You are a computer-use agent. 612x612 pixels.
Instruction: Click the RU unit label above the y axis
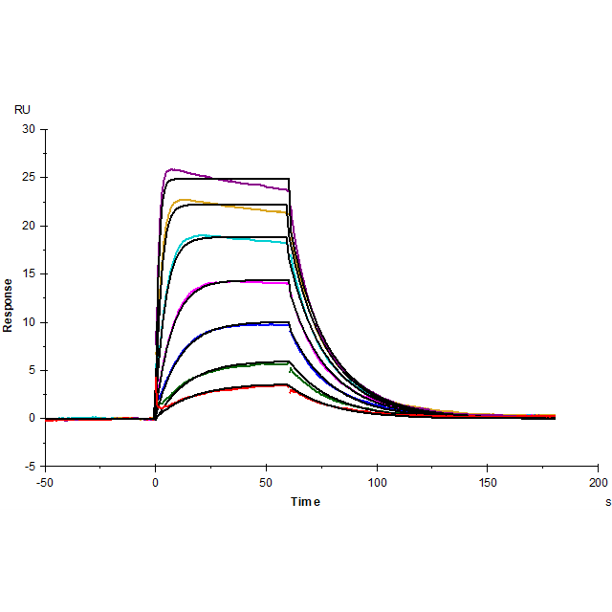click(x=22, y=110)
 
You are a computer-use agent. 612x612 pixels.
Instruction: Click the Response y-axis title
click(x=9, y=305)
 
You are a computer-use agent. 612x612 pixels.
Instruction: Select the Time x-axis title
click(x=306, y=501)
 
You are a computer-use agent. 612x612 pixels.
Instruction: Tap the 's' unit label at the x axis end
click(x=606, y=501)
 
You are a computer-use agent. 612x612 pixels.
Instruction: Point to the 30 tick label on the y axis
click(x=28, y=129)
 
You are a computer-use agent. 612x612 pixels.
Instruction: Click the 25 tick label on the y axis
click(x=28, y=177)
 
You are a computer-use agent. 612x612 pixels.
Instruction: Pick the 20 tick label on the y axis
click(x=28, y=226)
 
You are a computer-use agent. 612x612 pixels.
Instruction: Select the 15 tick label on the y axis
click(x=28, y=273)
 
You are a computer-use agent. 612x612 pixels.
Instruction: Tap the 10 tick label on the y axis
click(x=28, y=322)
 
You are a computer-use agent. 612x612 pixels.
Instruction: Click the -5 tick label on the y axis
click(x=29, y=467)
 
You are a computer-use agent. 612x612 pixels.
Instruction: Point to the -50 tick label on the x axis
click(x=44, y=481)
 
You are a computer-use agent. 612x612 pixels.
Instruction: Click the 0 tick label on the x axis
click(x=156, y=481)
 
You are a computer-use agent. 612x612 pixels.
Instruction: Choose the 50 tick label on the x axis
click(x=266, y=481)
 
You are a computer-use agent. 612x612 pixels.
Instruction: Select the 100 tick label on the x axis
click(x=377, y=481)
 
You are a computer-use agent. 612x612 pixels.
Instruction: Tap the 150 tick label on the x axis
click(x=488, y=481)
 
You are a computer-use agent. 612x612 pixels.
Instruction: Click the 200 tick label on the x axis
click(x=599, y=481)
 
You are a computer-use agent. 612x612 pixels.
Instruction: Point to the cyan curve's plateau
click(x=229, y=238)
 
